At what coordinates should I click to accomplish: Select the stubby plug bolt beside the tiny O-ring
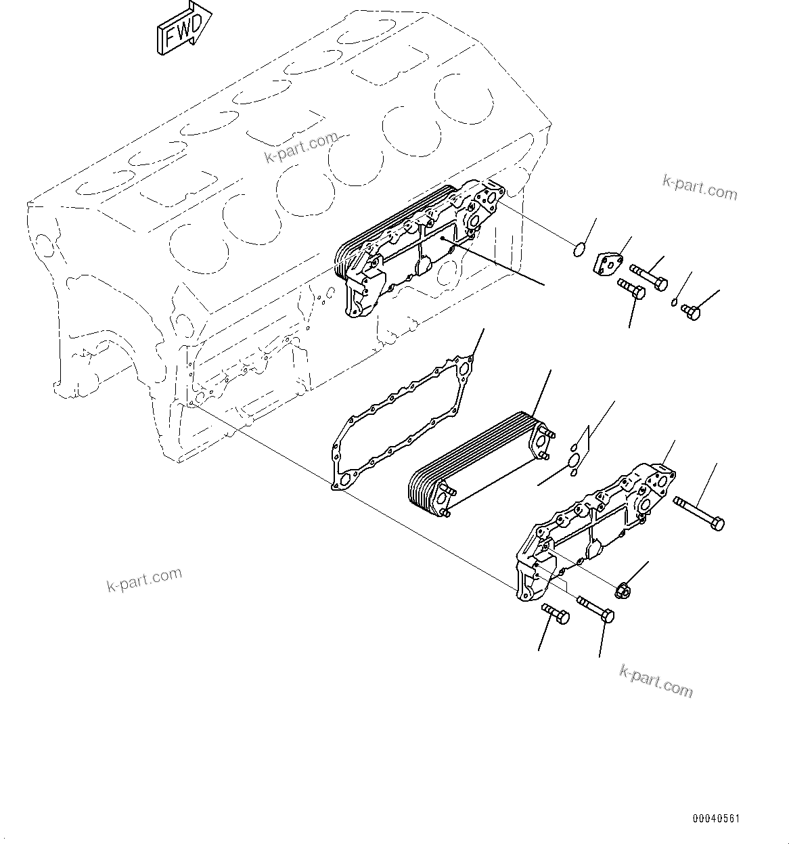pyautogui.click(x=690, y=311)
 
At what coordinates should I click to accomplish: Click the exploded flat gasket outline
pyautogui.click(x=399, y=420)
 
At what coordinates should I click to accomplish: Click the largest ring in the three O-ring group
pyautogui.click(x=575, y=460)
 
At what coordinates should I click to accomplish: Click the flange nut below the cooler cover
pyautogui.click(x=623, y=591)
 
